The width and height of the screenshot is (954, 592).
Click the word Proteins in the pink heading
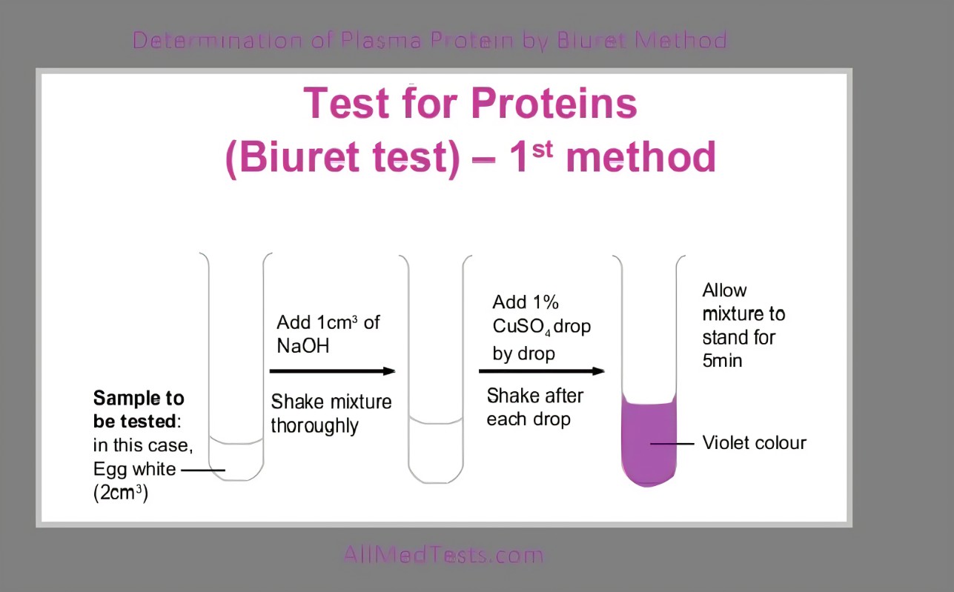554,103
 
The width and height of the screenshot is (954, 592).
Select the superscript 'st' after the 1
542,150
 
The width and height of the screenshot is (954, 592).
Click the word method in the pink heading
641,157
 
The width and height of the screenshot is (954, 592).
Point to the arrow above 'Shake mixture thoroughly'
333,371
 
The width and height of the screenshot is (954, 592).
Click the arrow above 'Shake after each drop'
542,371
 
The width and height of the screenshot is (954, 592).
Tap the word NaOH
303,345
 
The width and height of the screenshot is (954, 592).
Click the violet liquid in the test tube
649,441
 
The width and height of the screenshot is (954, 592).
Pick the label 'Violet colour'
755,442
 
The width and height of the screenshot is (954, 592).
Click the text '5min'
722,361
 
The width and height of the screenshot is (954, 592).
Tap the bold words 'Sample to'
139,399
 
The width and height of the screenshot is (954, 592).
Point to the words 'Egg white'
135,469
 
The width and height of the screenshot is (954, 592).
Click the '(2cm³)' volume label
121,493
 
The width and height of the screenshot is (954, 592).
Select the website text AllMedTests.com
443,554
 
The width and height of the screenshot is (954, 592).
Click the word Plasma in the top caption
381,41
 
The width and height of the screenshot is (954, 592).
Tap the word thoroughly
315,426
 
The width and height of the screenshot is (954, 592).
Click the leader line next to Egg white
203,470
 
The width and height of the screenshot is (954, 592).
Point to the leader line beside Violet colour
672,444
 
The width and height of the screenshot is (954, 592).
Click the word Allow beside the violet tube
724,290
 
